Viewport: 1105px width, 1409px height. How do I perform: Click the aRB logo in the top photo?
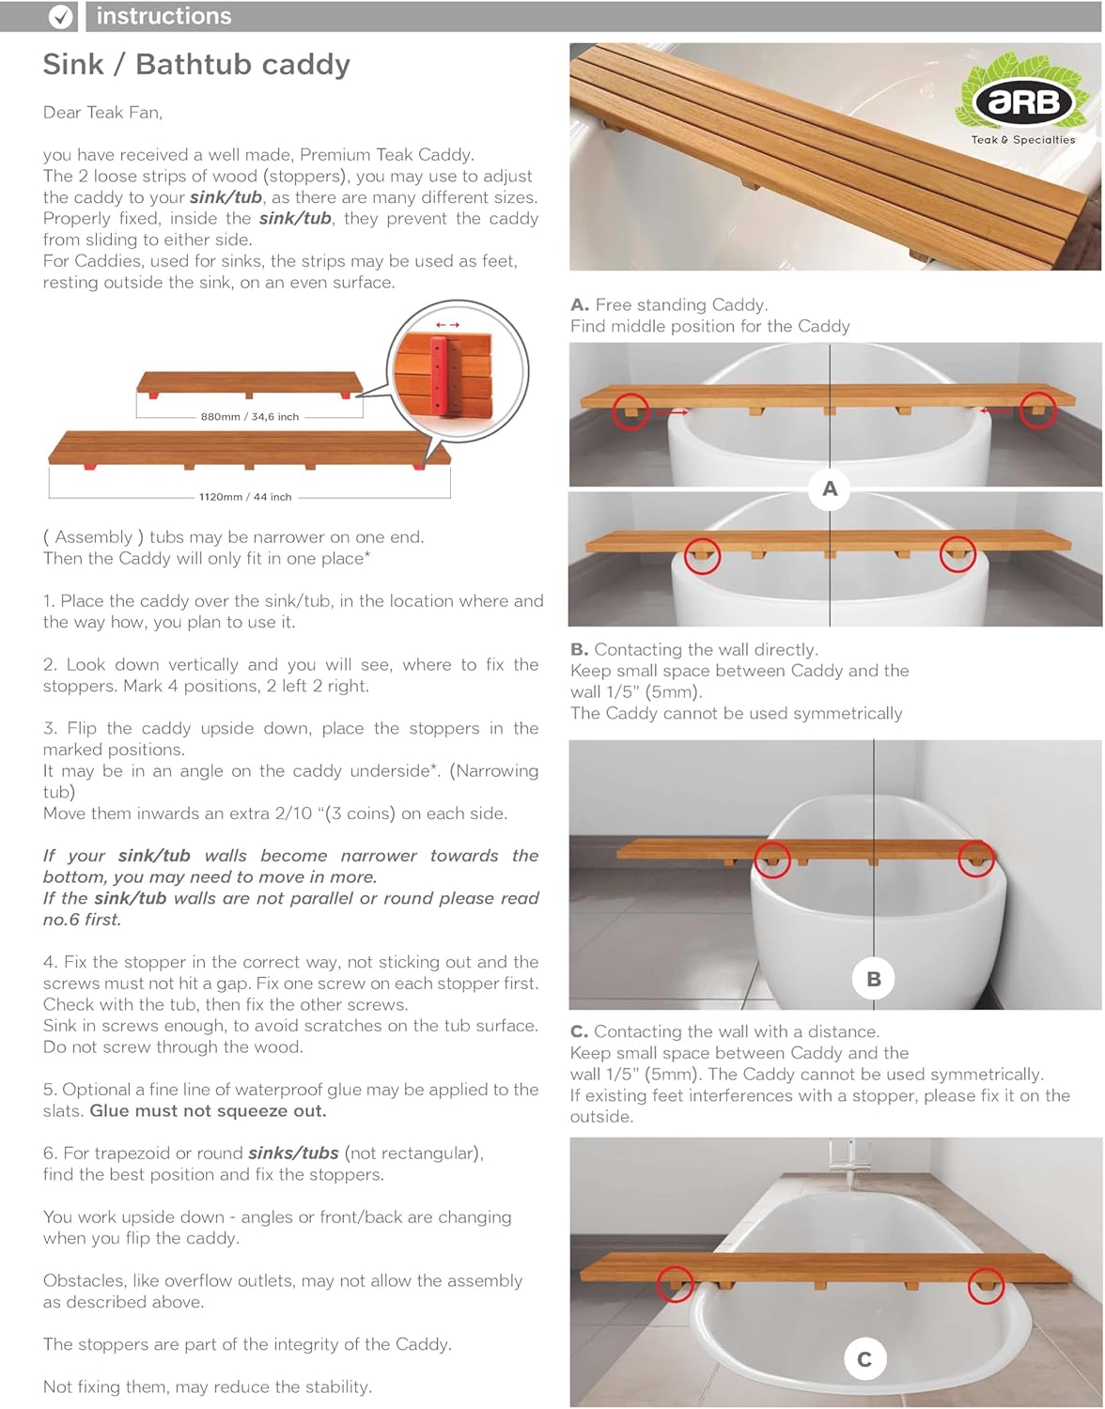coord(1023,101)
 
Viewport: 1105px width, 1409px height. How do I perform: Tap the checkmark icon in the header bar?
coord(61,16)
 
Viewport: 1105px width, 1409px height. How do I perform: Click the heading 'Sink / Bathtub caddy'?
coord(196,64)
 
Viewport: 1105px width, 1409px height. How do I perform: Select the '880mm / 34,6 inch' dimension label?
coord(249,416)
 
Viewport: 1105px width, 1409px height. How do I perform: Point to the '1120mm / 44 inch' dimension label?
coord(245,497)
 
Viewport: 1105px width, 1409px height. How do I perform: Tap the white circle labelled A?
coord(830,488)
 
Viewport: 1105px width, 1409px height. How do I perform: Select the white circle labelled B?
coord(874,979)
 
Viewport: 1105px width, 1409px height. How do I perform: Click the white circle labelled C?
coord(864,1359)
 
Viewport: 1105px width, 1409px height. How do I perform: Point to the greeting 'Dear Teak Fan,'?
coord(102,113)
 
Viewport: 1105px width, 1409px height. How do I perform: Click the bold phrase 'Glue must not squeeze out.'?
coord(208,1110)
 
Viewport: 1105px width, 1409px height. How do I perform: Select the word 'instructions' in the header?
coord(163,16)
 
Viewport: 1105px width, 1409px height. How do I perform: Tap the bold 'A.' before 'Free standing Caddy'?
coord(580,304)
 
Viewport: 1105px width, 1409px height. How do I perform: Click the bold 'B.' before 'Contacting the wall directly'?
coord(580,649)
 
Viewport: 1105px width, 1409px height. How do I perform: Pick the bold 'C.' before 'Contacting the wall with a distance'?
coord(580,1031)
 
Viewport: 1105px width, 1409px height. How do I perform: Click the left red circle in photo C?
coord(675,1283)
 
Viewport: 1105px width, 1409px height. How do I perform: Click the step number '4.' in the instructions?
coord(51,962)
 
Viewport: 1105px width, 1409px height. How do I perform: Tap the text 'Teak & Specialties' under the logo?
coord(1023,140)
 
